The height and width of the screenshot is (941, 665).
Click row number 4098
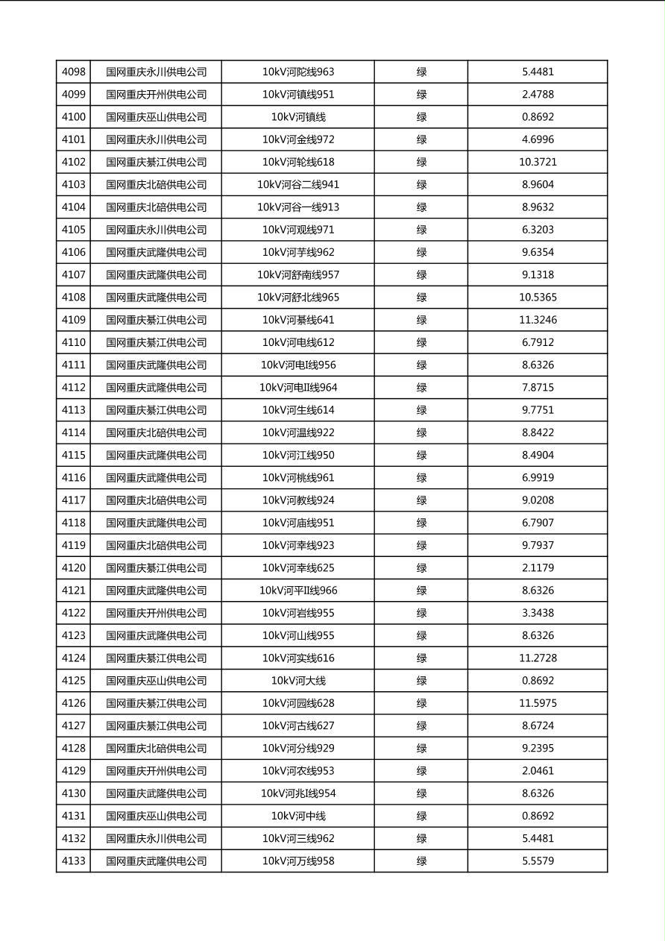(73, 72)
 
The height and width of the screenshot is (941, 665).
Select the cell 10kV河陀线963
(297, 72)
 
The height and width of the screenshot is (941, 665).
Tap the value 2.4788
(538, 95)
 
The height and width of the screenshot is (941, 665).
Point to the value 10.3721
(538, 162)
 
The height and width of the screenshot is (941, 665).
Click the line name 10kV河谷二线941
(297, 185)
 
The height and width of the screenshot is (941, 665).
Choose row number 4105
(73, 230)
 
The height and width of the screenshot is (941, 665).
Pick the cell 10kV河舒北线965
(297, 298)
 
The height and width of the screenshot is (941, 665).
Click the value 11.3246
(538, 320)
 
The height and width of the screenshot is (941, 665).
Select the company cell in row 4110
(156, 342)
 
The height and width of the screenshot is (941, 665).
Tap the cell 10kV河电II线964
(297, 388)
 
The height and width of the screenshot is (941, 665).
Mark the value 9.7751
(538, 410)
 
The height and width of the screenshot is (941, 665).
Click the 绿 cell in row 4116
(421, 478)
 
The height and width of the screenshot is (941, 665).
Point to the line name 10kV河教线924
(297, 500)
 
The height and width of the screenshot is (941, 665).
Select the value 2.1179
(538, 568)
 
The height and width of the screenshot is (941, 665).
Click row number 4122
(73, 613)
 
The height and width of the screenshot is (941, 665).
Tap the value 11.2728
(538, 658)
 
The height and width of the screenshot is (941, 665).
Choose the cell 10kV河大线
(297, 681)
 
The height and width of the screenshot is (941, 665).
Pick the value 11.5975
(538, 703)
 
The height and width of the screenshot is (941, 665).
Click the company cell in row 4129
(156, 771)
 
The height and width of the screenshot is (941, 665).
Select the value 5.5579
(538, 861)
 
